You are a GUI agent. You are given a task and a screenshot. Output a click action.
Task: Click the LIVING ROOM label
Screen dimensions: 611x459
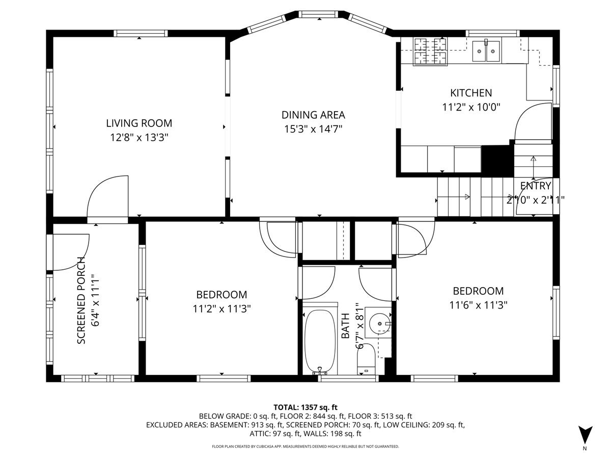pos(139,123)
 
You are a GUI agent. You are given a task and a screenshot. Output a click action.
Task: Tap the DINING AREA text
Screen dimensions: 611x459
pos(313,115)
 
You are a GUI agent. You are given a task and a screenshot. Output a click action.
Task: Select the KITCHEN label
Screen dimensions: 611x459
pos(471,93)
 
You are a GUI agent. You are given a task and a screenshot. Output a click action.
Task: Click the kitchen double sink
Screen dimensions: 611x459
pos(486,52)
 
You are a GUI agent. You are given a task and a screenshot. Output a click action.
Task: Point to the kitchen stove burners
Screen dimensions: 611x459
pos(430,52)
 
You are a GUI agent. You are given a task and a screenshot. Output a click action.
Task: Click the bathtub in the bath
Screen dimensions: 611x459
pos(320,341)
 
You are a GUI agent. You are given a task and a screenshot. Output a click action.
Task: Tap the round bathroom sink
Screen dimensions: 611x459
pos(379,323)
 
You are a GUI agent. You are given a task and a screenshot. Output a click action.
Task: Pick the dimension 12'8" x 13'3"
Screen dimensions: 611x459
pos(139,137)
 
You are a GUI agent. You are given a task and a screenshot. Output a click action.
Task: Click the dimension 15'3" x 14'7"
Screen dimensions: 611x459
pos(313,129)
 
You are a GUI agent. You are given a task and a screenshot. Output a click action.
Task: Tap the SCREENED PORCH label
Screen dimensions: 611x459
pos(81,300)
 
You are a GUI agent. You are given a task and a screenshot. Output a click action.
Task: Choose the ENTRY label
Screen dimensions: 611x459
pos(535,186)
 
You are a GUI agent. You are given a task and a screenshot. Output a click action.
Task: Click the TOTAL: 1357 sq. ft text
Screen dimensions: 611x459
pos(305,407)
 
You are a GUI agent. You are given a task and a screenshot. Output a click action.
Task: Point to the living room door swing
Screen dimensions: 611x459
pos(108,196)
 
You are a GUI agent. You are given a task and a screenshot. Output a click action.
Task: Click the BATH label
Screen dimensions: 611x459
pos(345,325)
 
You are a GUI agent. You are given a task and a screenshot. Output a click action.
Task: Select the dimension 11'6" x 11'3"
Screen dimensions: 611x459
pos(478,305)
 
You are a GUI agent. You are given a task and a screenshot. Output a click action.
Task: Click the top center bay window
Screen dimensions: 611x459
pos(319,14)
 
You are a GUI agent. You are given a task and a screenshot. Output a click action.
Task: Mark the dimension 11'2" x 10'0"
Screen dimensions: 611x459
pos(471,107)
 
